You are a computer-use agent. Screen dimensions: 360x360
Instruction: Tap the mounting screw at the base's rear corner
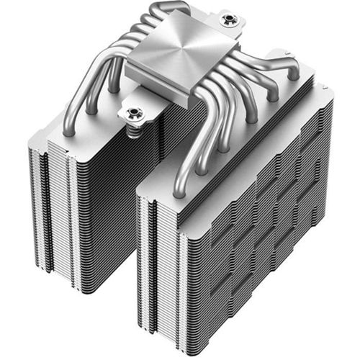tap(230, 19)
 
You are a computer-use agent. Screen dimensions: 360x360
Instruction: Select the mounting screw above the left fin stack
tap(134, 112)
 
